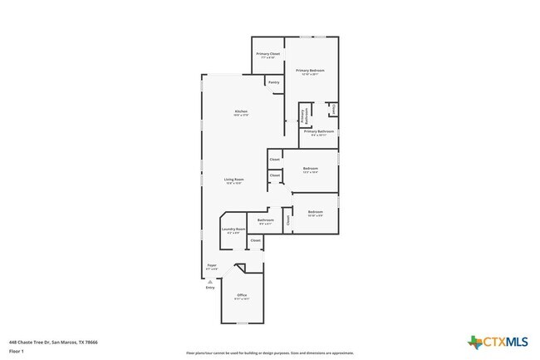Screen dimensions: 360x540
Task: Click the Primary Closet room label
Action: point(268,55)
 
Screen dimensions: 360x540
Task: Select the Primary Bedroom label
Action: point(310,72)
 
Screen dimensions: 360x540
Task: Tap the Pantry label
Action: point(273,82)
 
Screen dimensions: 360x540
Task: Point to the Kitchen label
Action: point(241,112)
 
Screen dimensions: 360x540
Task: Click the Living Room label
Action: point(233,180)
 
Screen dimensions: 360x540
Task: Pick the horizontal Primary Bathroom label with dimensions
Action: point(318,132)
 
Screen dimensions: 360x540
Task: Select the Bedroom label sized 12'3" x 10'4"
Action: point(311,170)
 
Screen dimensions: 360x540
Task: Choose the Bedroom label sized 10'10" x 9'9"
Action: point(315,213)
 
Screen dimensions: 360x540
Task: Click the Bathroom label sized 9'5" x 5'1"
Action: point(266,221)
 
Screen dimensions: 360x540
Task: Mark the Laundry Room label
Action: point(233,230)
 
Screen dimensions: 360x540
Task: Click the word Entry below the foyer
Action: point(210,288)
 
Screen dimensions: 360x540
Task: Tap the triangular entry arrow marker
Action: point(210,282)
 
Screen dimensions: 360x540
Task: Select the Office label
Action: point(242,296)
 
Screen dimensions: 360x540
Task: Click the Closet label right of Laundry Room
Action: point(255,240)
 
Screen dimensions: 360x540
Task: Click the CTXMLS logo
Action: point(498,341)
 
